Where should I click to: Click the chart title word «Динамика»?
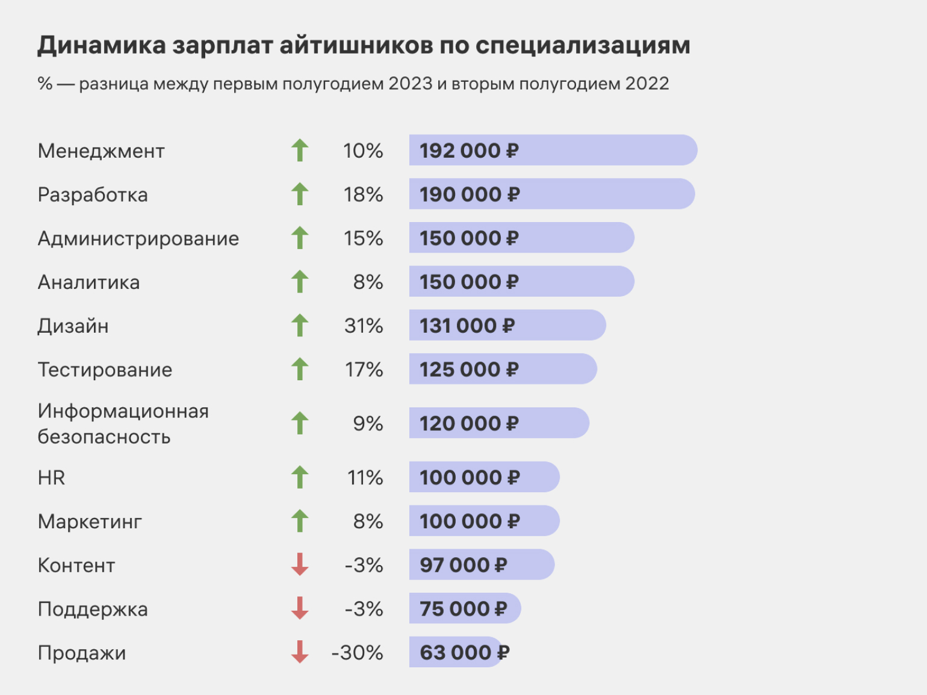tap(101, 46)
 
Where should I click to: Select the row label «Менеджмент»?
tap(101, 151)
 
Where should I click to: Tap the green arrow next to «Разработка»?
tap(300, 194)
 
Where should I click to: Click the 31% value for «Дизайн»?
tap(364, 326)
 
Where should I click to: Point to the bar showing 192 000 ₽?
tap(553, 150)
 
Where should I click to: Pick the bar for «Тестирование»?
tap(503, 369)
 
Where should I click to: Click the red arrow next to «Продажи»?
tap(300, 652)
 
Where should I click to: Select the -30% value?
tap(357, 653)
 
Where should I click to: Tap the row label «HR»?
tap(51, 478)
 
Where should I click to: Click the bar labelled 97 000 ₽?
tap(482, 565)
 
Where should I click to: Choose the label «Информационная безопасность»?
tap(123, 424)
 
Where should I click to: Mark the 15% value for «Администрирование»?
tap(364, 239)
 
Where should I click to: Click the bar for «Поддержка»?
tap(465, 609)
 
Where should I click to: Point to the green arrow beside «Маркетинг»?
tap(300, 521)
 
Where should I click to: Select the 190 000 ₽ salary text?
tap(470, 195)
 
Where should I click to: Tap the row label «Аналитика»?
tap(88, 283)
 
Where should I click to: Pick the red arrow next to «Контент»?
tap(300, 564)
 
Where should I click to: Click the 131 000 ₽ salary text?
tap(467, 326)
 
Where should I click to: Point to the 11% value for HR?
tap(365, 478)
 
